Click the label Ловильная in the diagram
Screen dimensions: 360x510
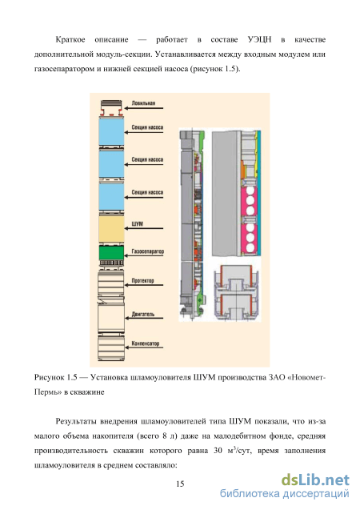143,103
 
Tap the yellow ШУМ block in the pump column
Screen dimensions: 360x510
111,229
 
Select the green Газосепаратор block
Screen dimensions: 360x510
111,253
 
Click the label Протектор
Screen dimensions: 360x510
142,280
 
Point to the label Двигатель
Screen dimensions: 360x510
143,314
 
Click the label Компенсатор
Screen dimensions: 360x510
146,343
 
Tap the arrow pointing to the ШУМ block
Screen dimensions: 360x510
144,228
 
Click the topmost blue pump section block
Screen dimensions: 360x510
111,132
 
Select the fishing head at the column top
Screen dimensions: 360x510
111,109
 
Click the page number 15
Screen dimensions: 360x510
180,484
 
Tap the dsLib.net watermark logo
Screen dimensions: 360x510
315,480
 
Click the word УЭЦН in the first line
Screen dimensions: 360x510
259,40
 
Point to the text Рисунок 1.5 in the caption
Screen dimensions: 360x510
55,377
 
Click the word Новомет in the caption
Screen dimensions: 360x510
307,377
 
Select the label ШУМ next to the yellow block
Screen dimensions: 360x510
137,224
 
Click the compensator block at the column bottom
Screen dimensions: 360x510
111,347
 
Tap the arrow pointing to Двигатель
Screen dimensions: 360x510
144,318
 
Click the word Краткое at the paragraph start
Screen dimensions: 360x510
70,40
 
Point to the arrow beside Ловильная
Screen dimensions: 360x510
144,108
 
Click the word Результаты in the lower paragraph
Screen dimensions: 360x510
76,421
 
